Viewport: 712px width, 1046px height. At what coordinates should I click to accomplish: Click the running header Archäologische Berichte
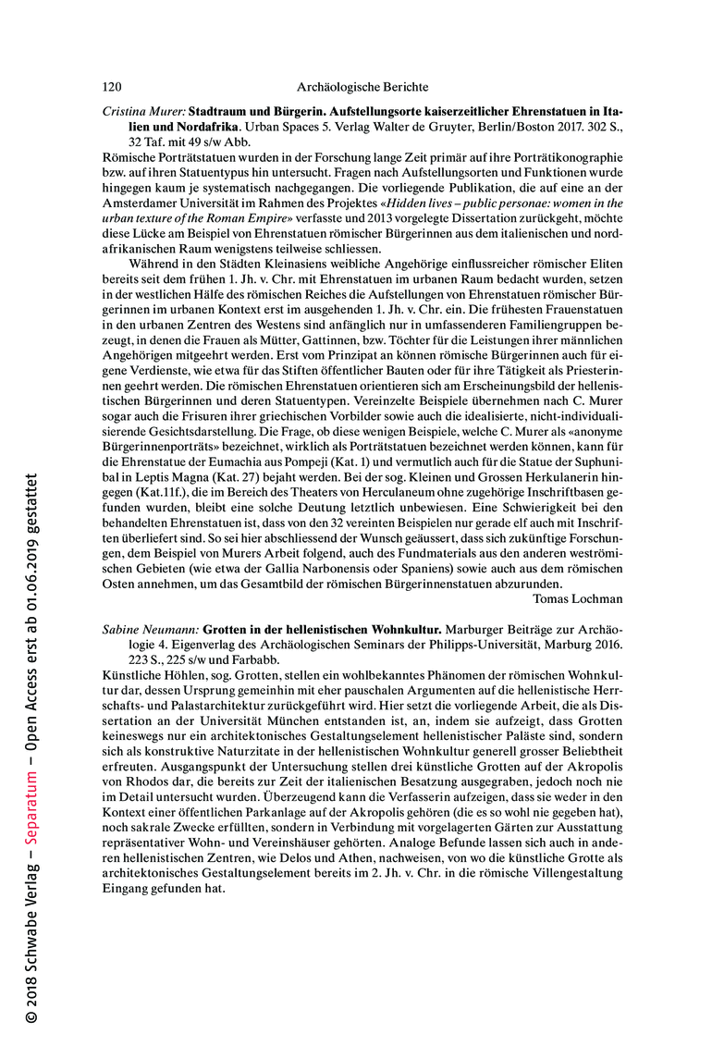pyautogui.click(x=362, y=87)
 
